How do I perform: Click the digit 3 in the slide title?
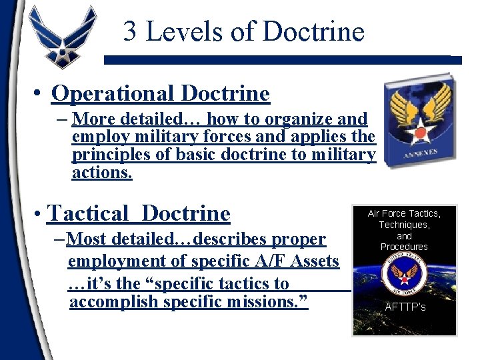pos(131,31)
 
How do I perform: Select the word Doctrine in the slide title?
pos(313,31)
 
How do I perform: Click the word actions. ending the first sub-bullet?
pos(102,173)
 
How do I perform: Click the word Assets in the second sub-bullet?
pos(316,261)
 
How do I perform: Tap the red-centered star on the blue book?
pos(420,133)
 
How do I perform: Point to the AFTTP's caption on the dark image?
pos(405,307)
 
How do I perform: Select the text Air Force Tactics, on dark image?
pos(404,213)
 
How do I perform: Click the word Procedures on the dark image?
pos(404,247)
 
